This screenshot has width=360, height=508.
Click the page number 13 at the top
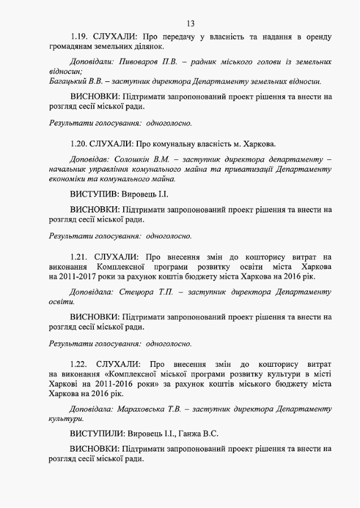pyautogui.click(x=190, y=23)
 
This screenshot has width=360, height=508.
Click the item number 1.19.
pyautogui.click(x=80, y=37)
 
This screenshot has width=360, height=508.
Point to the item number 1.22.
pyautogui.click(x=80, y=363)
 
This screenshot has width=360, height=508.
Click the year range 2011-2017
pyautogui.click(x=83, y=277)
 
